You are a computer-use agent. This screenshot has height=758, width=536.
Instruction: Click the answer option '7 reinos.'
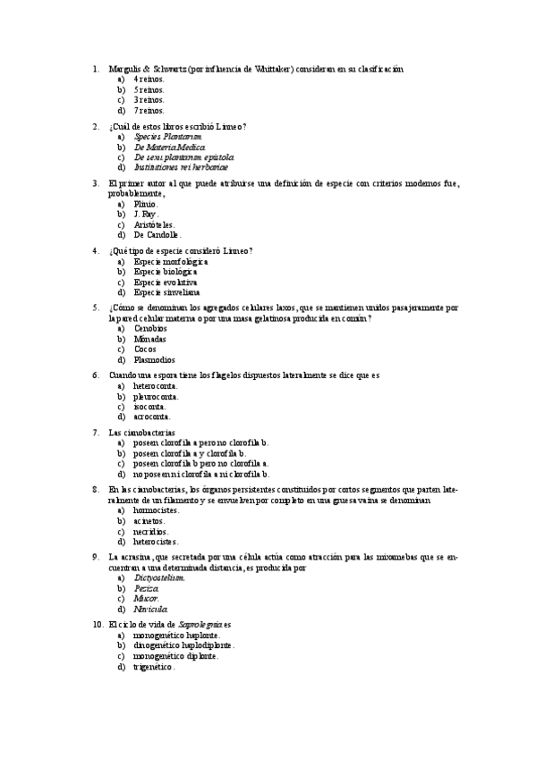pos(149,111)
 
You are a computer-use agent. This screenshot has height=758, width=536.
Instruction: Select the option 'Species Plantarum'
pos(162,137)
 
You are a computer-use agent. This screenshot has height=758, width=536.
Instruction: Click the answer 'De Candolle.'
pos(157,235)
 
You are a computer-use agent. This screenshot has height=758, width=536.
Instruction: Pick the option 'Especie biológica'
pos(171,272)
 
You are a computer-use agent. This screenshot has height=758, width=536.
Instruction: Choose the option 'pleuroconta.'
pos(156,396)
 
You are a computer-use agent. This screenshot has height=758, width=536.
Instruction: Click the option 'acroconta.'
pos(152,417)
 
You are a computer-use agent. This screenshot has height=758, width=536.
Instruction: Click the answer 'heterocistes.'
pos(156,541)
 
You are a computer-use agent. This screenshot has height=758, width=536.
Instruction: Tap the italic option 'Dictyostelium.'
pos(159,577)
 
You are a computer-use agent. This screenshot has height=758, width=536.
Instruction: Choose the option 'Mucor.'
pos(147,598)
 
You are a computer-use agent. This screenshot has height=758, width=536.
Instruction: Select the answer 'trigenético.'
pos(154,667)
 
